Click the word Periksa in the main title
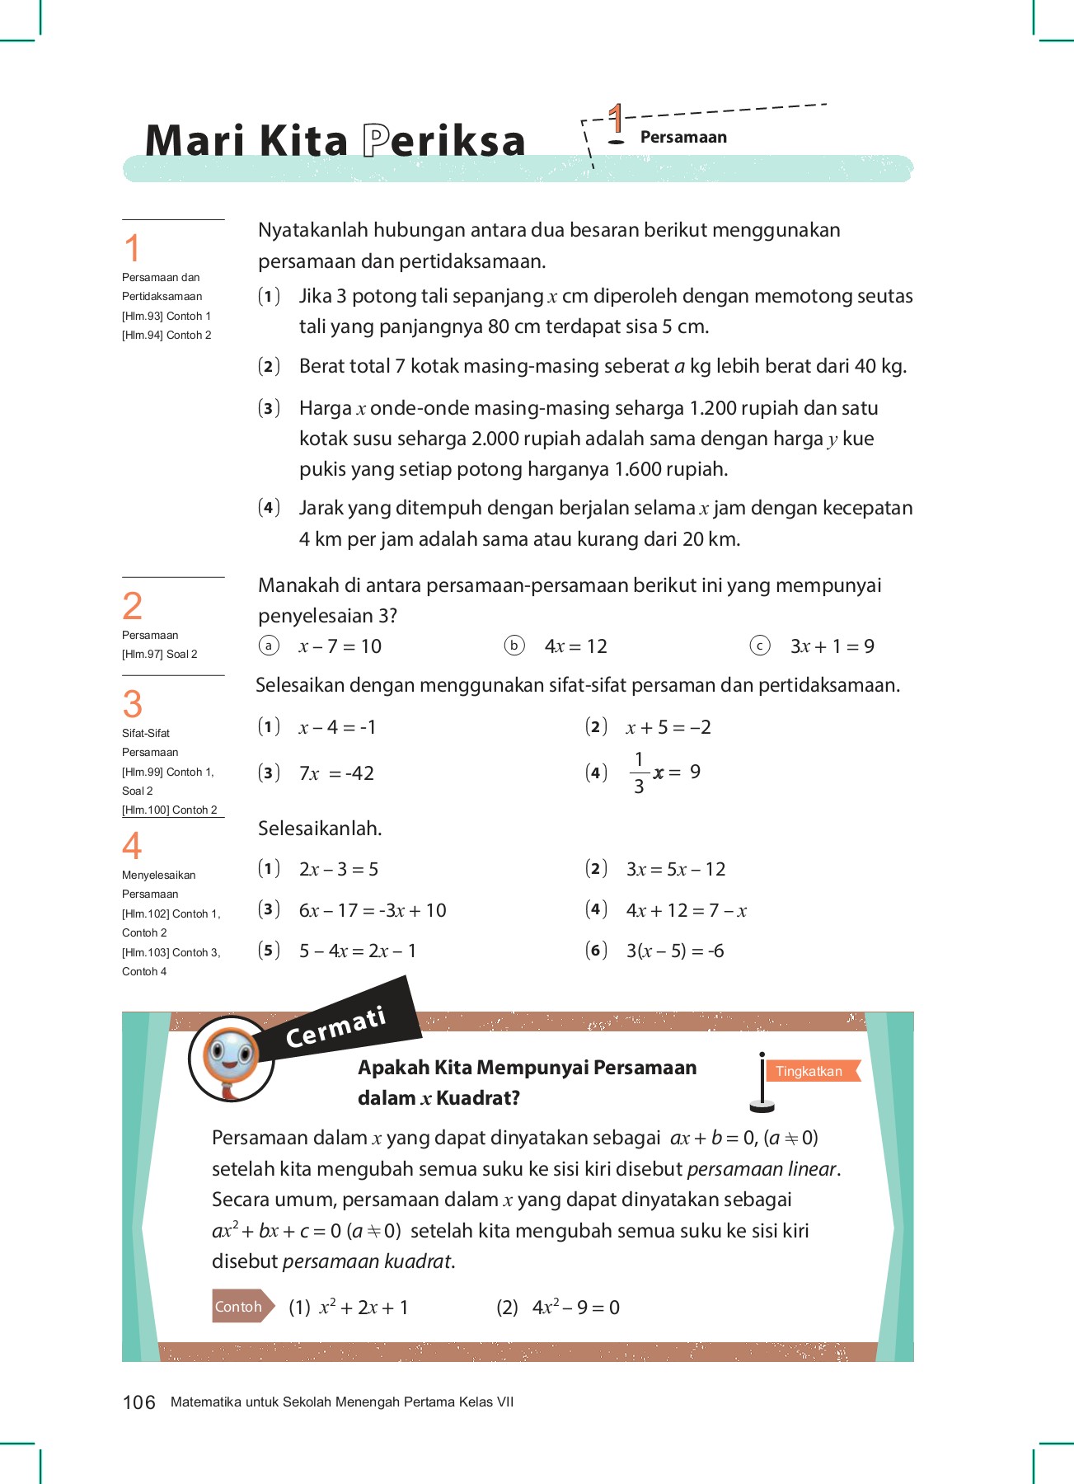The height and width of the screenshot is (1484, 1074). tap(444, 141)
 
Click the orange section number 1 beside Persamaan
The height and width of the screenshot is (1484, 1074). tap(616, 120)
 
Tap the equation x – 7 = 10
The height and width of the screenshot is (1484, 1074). tap(340, 646)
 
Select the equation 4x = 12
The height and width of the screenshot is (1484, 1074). tap(575, 646)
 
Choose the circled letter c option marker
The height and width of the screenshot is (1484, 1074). tap(759, 646)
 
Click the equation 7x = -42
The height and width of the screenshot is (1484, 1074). tap(336, 773)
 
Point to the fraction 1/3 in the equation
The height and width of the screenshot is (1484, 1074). tap(639, 773)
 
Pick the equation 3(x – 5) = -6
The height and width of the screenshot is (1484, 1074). tap(675, 951)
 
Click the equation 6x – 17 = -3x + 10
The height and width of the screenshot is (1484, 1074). tap(373, 910)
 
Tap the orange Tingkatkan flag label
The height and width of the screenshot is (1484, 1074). tap(809, 1071)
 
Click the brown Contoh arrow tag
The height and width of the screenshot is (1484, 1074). tap(241, 1306)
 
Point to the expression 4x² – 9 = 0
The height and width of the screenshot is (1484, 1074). tap(575, 1307)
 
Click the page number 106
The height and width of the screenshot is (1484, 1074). tap(138, 1402)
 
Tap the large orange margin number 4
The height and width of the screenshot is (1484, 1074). tap(132, 846)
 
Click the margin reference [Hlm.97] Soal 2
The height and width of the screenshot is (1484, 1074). tap(160, 654)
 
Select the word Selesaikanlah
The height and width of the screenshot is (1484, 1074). tap(320, 829)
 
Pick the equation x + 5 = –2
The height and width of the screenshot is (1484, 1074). tap(668, 727)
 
